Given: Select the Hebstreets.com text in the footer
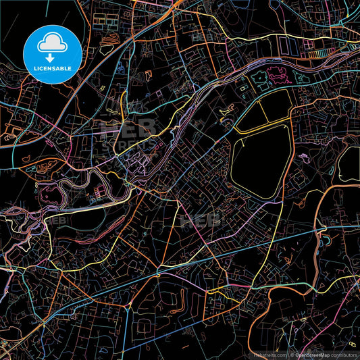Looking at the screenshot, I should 268,355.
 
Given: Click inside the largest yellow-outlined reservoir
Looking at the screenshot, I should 261,162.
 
